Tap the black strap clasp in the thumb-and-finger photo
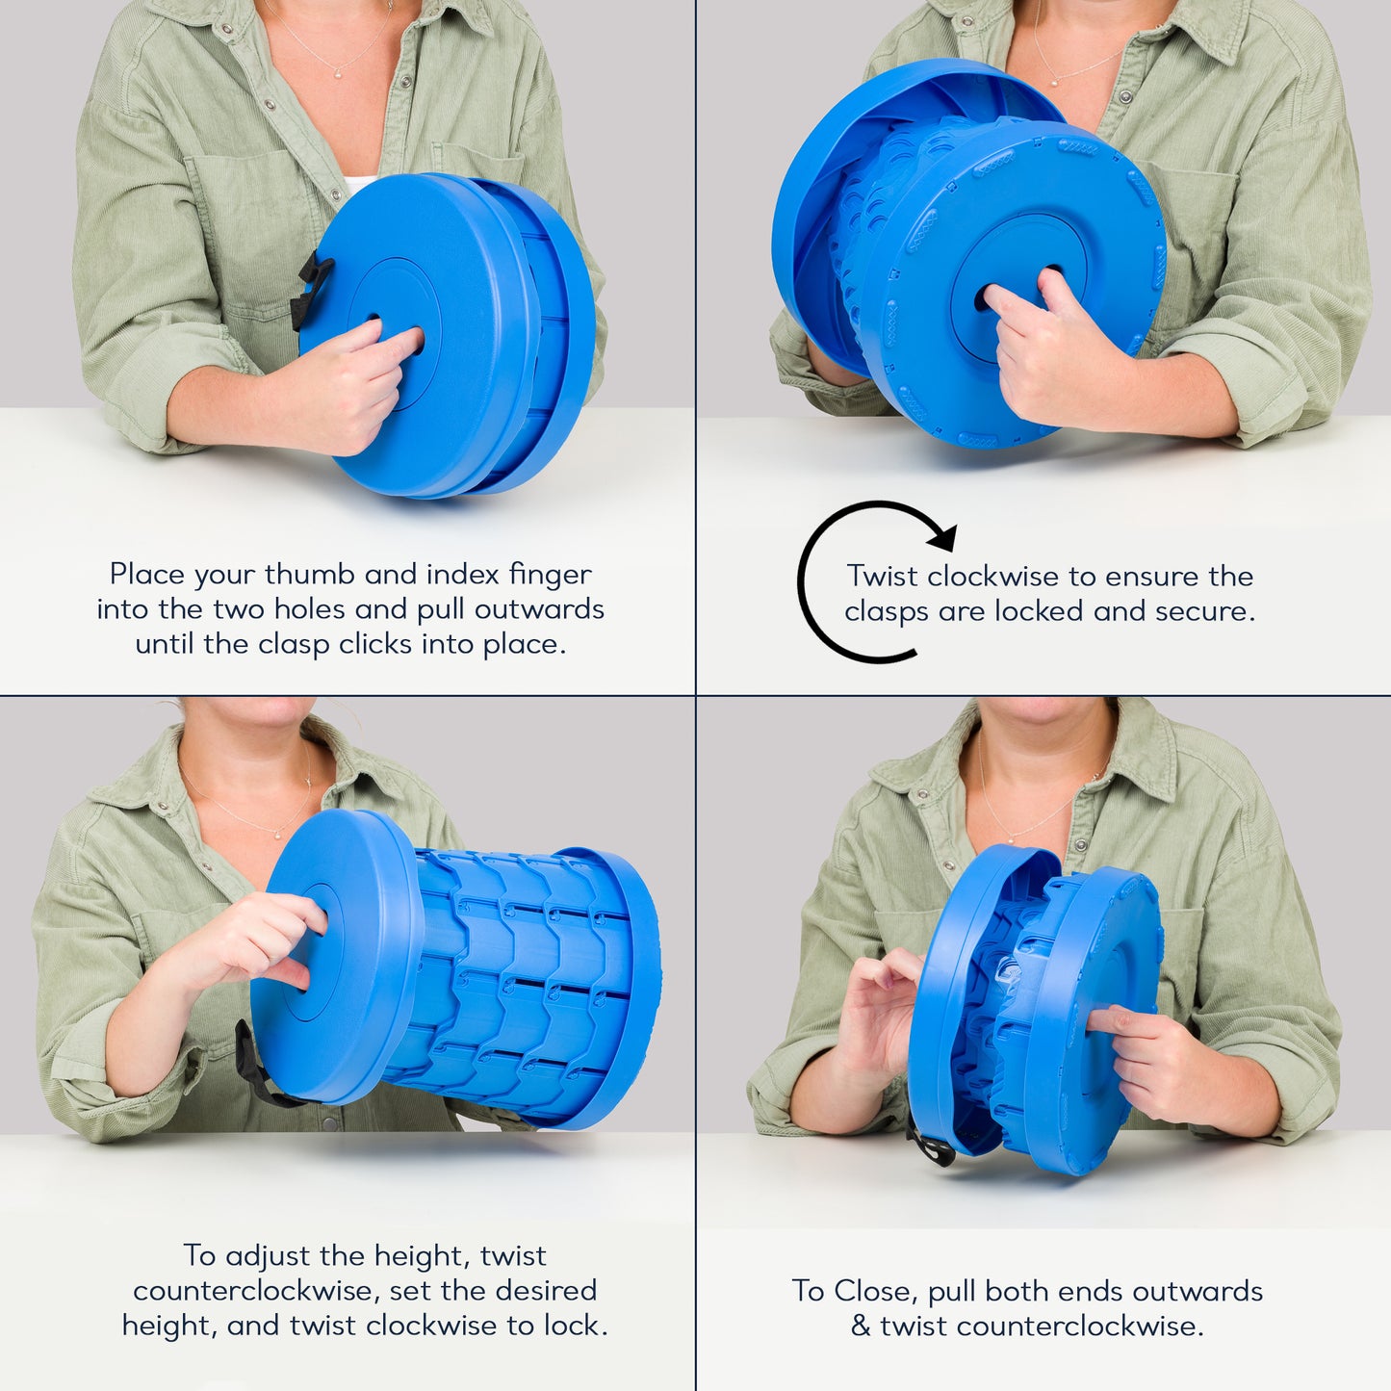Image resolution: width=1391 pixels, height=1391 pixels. tap(309, 290)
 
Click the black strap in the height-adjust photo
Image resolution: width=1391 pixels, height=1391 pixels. tap(258, 1069)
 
